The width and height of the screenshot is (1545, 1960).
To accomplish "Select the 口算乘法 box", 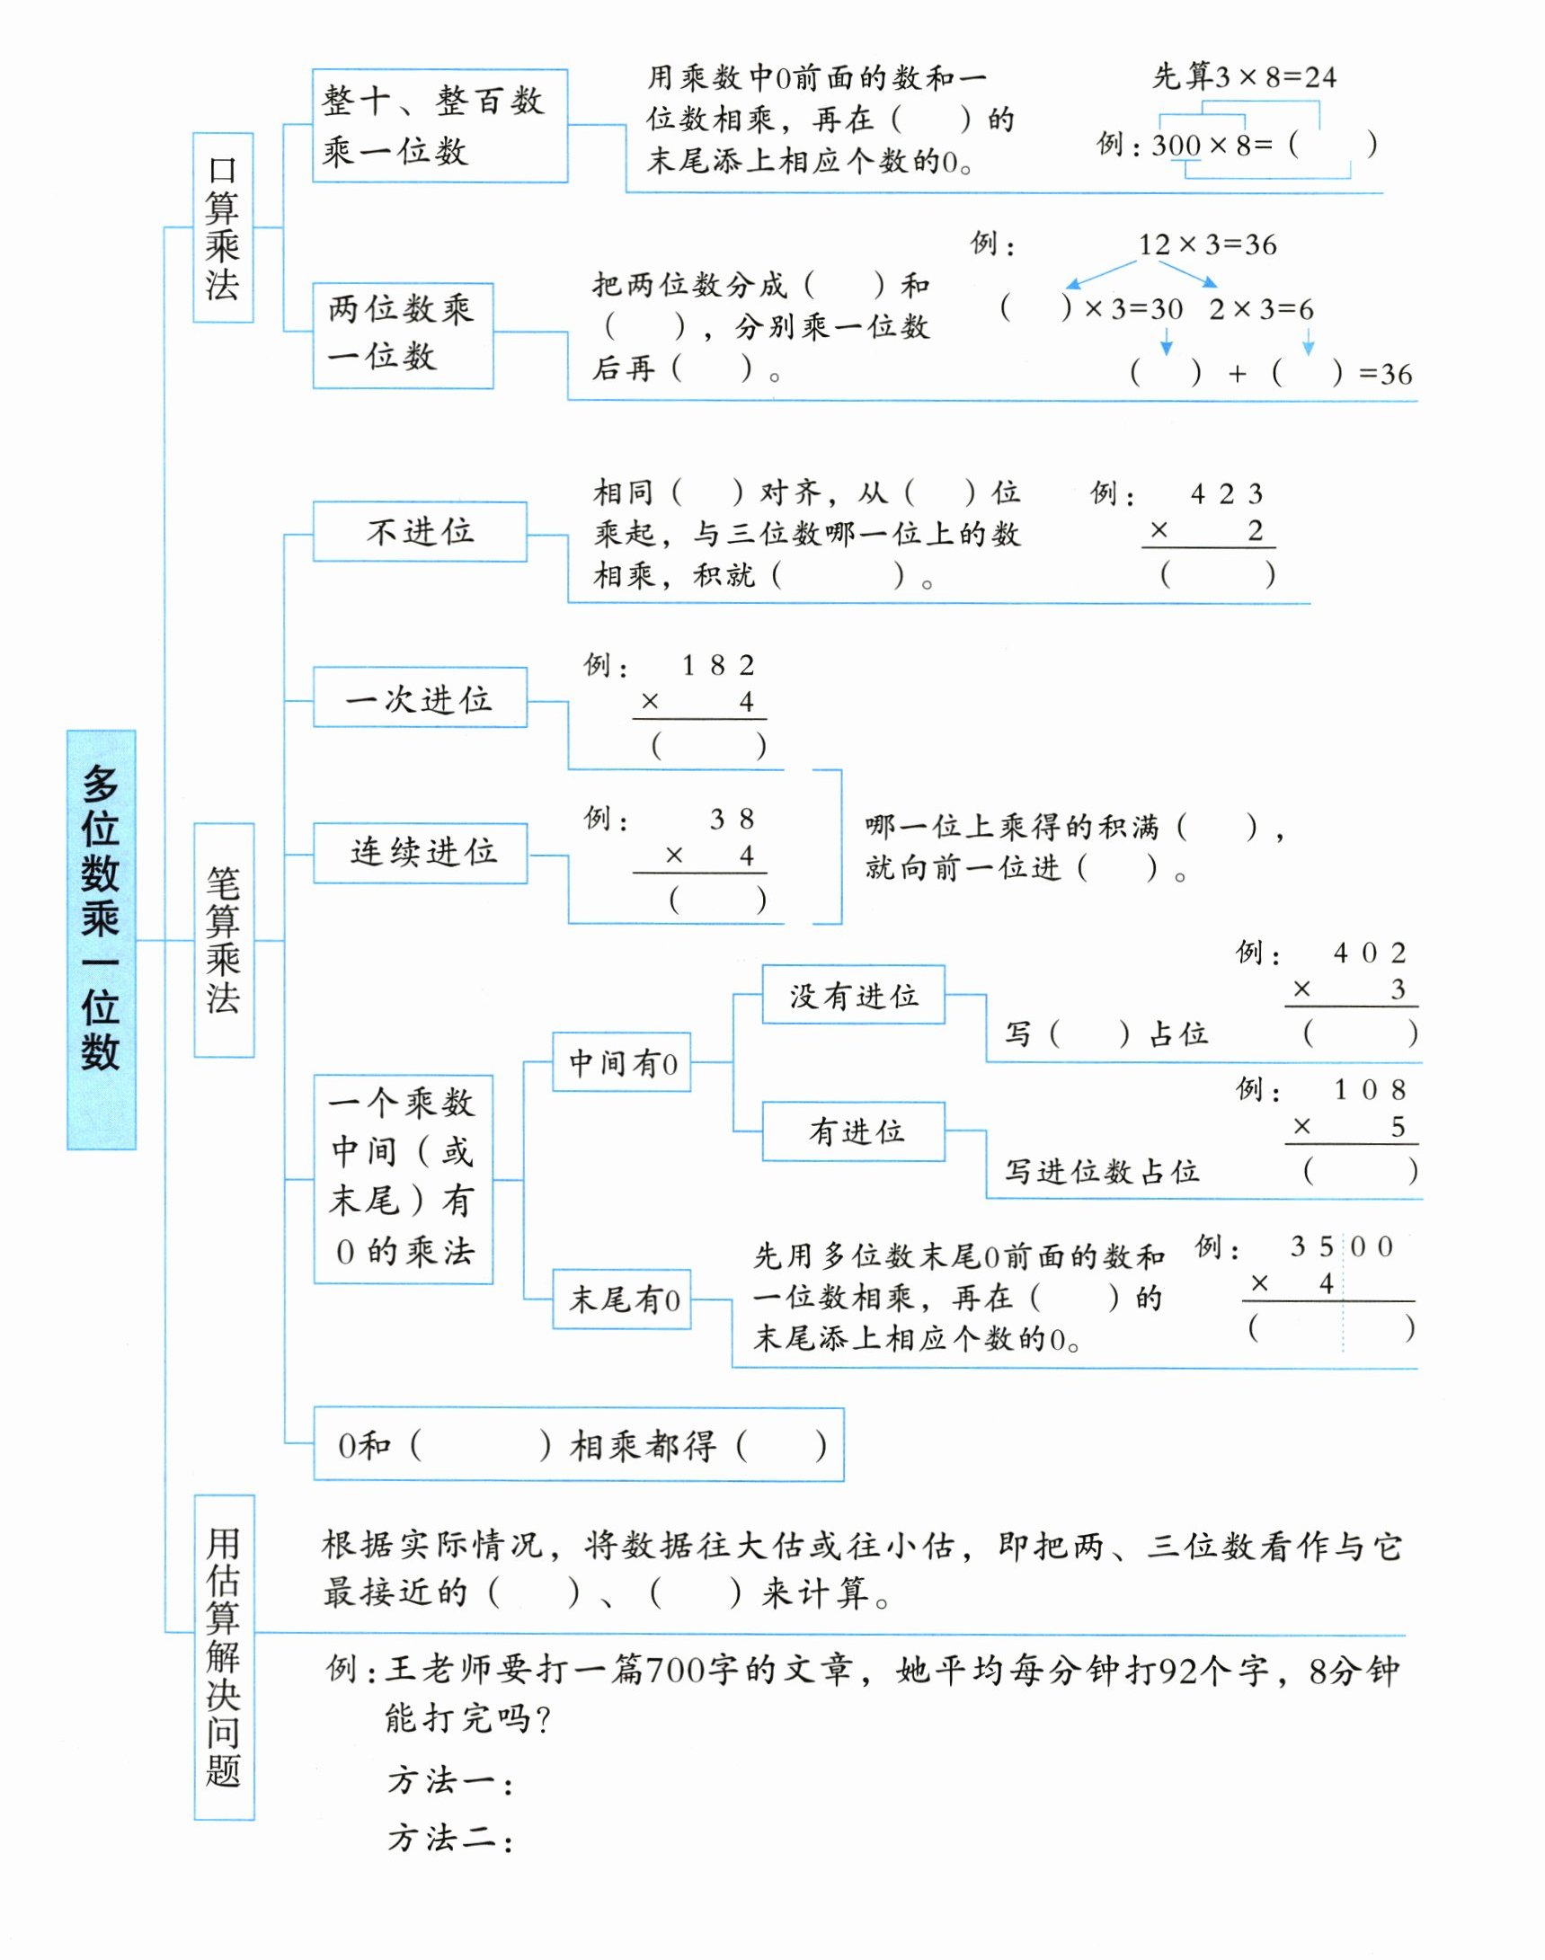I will click(223, 227).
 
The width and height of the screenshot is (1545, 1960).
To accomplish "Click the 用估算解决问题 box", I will click(224, 1657).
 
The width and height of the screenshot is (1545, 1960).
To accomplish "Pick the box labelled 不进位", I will click(420, 531).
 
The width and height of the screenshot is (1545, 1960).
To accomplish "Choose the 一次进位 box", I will click(420, 697).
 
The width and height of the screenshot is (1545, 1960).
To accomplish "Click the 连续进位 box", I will click(420, 851).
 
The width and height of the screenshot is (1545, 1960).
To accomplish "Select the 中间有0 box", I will click(621, 1062).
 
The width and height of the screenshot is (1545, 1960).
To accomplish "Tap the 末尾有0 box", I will click(621, 1299).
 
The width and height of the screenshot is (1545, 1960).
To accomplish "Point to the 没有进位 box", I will click(853, 995).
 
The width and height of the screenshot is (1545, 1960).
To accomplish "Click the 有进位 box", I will click(853, 1131).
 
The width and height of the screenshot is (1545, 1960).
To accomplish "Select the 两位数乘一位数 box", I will click(403, 335).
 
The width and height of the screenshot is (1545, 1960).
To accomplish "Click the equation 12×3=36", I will click(1207, 244).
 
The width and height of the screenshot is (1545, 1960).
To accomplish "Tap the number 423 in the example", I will click(1226, 494).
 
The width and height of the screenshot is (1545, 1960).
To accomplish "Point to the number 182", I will click(718, 666).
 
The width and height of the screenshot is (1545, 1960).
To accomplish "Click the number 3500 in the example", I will click(1342, 1246).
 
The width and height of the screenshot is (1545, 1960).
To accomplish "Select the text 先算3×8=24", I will click(1244, 78).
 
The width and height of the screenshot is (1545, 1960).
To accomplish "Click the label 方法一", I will click(449, 1780).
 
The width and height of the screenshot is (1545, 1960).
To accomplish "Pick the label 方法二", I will click(449, 1837).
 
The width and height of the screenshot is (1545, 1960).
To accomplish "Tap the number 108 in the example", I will click(1370, 1090).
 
